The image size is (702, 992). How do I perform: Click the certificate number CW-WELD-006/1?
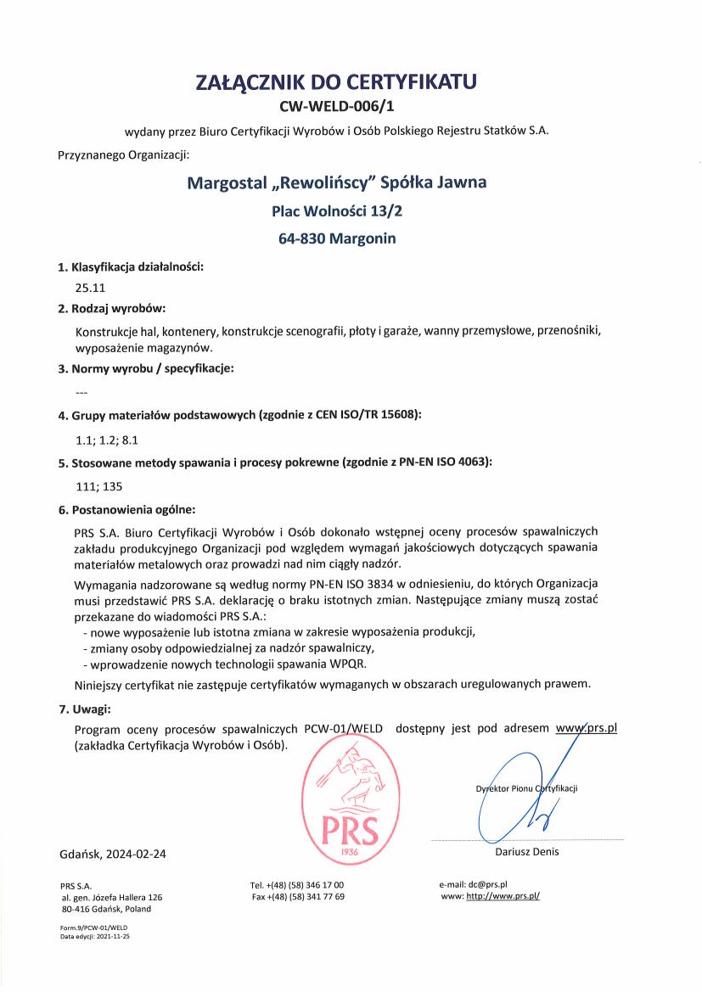(337, 107)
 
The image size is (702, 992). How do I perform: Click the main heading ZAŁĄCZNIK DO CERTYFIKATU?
(337, 82)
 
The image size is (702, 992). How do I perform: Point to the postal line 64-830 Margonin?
(337, 239)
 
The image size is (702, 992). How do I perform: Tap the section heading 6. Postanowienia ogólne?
(126, 510)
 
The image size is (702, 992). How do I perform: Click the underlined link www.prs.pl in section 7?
(586, 728)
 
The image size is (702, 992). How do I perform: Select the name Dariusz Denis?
(527, 852)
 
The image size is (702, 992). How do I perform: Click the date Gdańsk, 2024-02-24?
(113, 854)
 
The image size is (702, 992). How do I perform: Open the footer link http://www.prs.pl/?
(503, 896)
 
